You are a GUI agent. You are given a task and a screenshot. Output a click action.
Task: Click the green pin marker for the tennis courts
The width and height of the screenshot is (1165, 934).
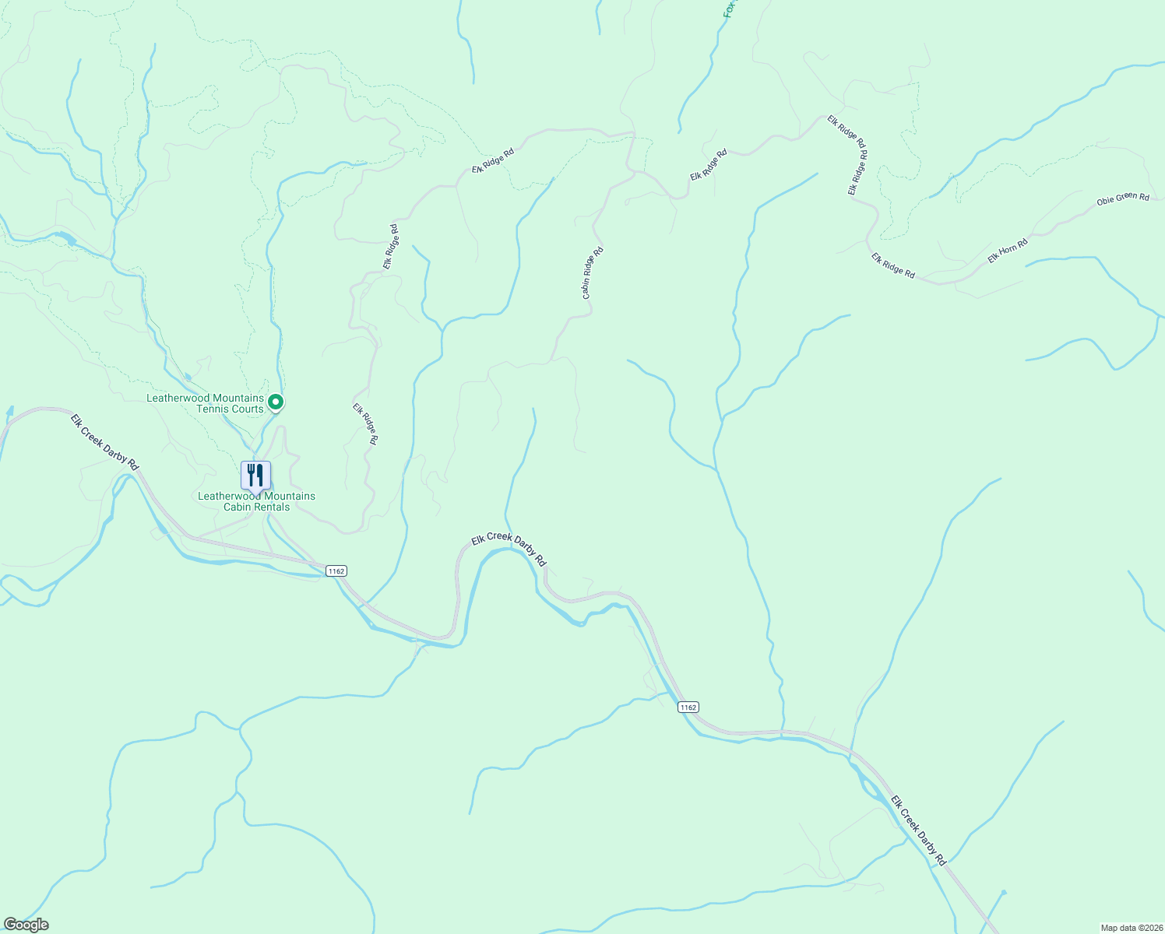[x=275, y=402]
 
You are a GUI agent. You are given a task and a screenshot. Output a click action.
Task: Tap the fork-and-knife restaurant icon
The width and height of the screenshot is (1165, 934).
[x=255, y=475]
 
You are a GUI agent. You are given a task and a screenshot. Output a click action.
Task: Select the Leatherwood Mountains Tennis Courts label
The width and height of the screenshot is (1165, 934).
[x=206, y=403]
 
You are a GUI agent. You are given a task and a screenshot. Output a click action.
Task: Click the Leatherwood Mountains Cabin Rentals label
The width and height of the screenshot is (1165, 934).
[x=256, y=501]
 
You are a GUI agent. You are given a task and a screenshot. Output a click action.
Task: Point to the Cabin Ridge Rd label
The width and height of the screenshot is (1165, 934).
[x=593, y=273]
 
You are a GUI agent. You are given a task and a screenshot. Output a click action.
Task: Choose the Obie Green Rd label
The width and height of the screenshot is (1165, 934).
[x=1123, y=199]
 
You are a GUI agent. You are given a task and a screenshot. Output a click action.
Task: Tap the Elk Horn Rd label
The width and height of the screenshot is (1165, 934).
[x=1008, y=251]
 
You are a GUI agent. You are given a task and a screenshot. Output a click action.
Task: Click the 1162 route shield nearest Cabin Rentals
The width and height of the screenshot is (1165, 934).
[x=336, y=571]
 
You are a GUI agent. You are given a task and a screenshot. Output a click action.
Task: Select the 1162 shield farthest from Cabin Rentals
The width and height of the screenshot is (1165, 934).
[x=688, y=707]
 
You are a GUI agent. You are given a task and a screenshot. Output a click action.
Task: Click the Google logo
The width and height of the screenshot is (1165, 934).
[x=26, y=925]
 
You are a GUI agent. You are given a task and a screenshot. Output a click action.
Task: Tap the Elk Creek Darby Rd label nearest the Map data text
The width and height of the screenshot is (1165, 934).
[x=918, y=830]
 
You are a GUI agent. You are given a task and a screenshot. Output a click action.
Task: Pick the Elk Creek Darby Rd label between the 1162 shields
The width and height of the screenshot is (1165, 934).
[x=509, y=549]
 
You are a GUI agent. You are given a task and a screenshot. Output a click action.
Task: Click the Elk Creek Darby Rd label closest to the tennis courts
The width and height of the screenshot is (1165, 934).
[x=104, y=441]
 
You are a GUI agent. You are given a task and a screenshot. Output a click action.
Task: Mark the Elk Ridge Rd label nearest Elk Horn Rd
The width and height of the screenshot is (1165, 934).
[x=892, y=265]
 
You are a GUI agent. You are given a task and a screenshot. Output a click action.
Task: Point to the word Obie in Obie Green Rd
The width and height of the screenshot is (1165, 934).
[x=1105, y=202]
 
